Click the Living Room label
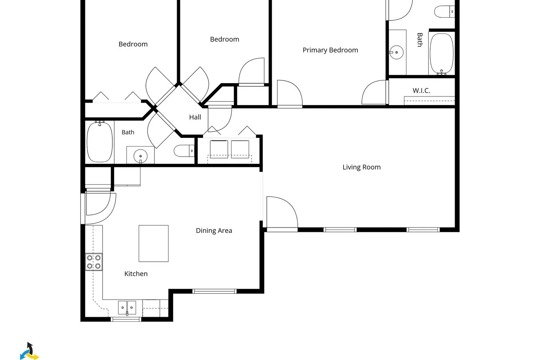[361, 167]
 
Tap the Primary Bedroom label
[330, 50]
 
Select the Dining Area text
[214, 230]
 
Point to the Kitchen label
[136, 274]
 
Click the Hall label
[195, 117]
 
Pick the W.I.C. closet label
[422, 91]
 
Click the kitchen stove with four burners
[94, 262]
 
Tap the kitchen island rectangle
[154, 243]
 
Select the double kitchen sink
[127, 308]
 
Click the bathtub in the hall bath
[100, 142]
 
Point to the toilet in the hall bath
[184, 151]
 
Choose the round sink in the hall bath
[140, 156]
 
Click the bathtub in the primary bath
[442, 54]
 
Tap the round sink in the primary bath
[396, 52]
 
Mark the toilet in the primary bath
[444, 12]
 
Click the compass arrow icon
[30, 351]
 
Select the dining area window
[214, 291]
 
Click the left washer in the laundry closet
[219, 149]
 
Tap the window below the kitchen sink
[126, 319]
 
